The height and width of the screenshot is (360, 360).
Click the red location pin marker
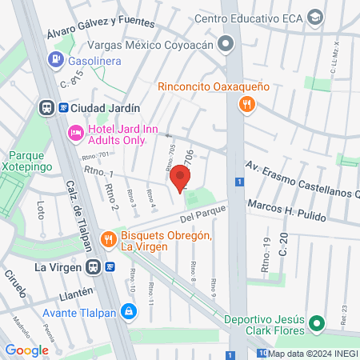[x=180, y=178]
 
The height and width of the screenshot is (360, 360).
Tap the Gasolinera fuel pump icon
[x=55, y=58]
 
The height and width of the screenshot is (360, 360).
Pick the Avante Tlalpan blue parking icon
[x=127, y=310]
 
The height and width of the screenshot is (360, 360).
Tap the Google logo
[x=27, y=350]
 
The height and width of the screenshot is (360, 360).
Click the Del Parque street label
[x=199, y=216]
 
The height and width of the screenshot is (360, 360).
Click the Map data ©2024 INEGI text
[x=313, y=353]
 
